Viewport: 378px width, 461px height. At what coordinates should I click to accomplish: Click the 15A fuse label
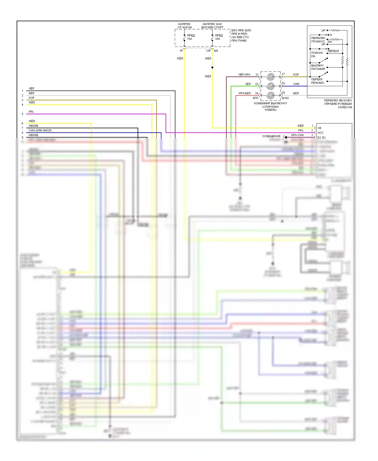click(190, 39)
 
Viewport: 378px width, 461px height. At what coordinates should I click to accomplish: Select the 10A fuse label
click(217, 39)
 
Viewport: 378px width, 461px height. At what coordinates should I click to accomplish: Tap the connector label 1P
click(181, 51)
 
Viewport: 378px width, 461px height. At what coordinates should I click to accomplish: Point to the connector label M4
click(216, 51)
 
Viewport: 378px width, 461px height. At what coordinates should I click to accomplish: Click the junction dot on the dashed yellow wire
click(212, 67)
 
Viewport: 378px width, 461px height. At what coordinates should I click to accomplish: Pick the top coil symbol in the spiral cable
click(271, 77)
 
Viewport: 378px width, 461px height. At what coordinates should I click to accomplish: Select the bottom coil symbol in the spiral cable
click(271, 95)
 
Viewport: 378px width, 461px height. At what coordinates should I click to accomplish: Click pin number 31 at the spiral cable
click(257, 75)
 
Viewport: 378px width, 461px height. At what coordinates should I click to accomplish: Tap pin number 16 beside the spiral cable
click(283, 83)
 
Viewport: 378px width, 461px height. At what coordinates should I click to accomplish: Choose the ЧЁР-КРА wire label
click(244, 75)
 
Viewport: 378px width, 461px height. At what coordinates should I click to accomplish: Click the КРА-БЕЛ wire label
click(244, 93)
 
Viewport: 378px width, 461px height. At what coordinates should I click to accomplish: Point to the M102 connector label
click(285, 98)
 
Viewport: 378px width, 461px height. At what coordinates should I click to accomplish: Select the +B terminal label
click(319, 128)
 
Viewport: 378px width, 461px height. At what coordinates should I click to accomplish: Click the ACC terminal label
click(320, 133)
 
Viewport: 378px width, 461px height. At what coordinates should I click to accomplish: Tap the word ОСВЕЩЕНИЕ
click(271, 136)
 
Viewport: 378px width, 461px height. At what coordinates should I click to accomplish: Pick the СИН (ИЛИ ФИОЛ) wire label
click(40, 130)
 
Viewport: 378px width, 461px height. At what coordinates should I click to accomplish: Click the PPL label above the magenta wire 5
click(31, 112)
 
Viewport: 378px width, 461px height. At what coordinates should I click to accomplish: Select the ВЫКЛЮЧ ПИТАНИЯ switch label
click(318, 67)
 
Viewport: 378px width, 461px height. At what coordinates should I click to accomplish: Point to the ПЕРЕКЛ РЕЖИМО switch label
click(318, 81)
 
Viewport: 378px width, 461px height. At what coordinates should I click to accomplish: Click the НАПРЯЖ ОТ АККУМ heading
click(184, 26)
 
